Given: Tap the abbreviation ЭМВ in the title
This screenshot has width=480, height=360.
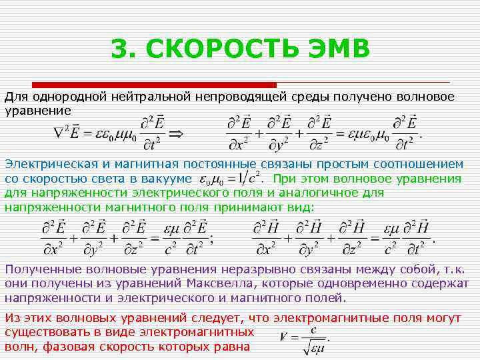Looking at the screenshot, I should pos(333,49).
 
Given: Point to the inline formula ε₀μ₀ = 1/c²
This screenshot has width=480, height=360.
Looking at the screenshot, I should pos(229,179).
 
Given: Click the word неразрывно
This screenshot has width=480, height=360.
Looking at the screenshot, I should pos(237,269).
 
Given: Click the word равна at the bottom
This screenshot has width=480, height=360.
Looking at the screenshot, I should pos(231,347).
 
